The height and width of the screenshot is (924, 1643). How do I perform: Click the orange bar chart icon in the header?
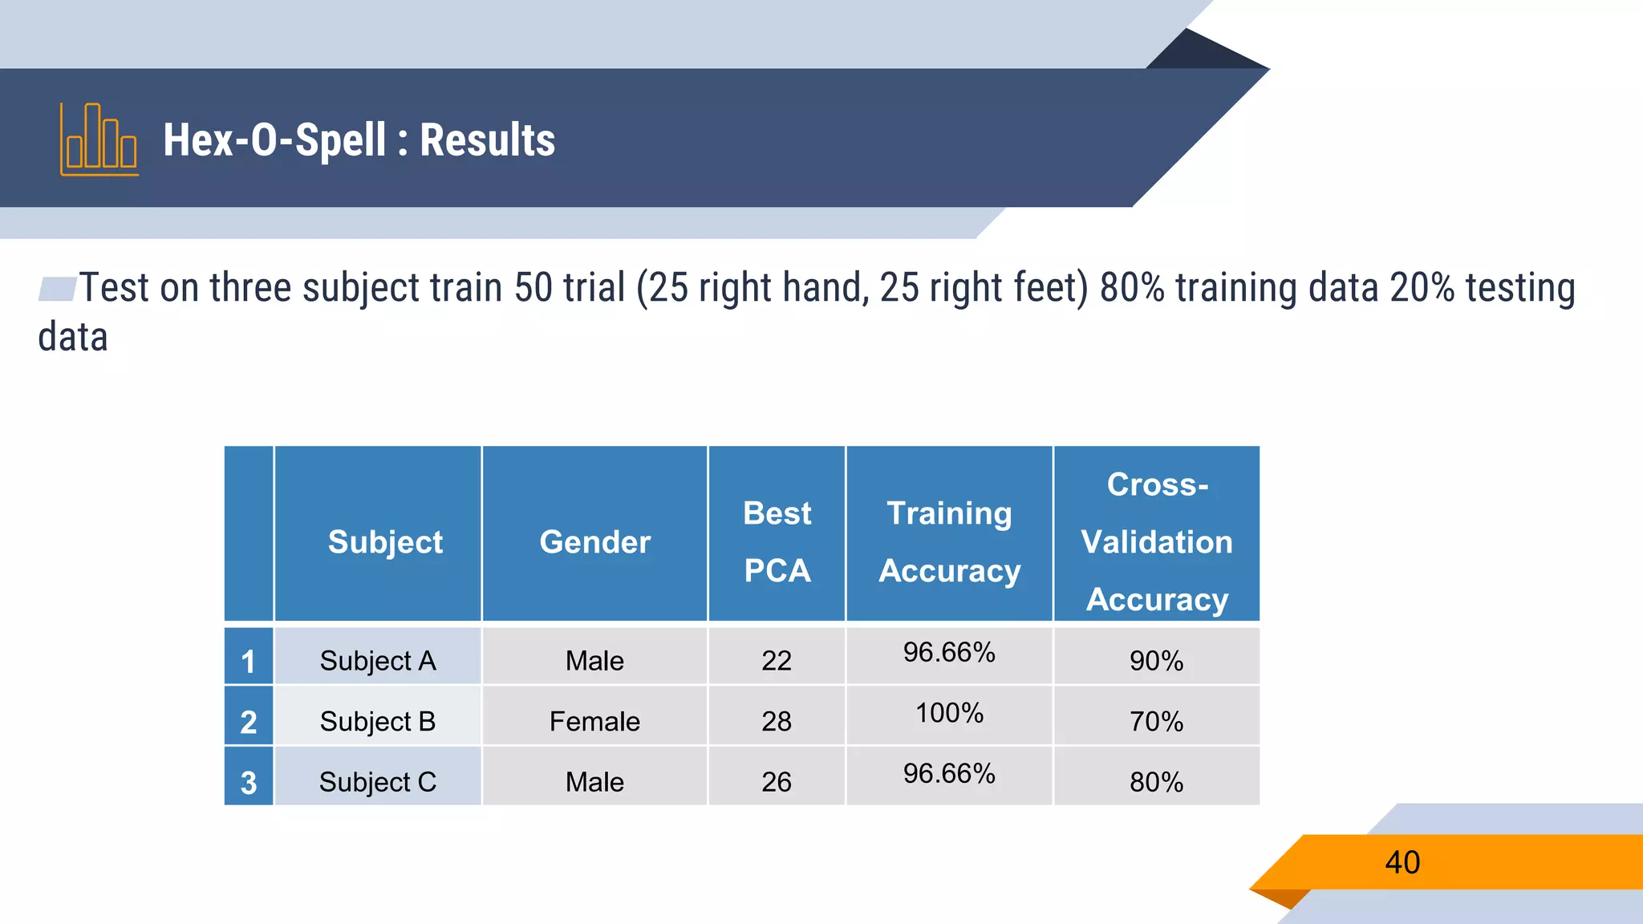[x=99, y=140]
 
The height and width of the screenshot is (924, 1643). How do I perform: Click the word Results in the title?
[x=487, y=140]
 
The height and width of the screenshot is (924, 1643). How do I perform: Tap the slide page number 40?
[x=1402, y=862]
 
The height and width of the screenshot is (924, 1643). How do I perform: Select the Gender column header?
[x=594, y=542]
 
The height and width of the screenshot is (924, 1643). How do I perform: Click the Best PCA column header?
[x=777, y=541]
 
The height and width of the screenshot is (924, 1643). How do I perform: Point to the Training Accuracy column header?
[x=949, y=541]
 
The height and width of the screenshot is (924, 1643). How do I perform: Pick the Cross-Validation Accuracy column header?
[x=1156, y=541]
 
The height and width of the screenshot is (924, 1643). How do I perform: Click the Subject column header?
[x=385, y=542]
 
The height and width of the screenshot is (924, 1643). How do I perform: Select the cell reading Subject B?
[x=377, y=721]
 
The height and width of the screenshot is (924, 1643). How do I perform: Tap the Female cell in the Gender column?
[x=594, y=721]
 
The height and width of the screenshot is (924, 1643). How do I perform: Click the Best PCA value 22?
[x=777, y=660]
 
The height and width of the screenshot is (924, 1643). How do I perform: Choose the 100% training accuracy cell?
[x=949, y=712]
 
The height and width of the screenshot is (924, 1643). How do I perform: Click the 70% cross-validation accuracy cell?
[x=1156, y=721]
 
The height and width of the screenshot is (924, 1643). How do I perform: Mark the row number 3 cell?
[x=249, y=782]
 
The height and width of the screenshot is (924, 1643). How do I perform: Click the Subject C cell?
[x=377, y=782]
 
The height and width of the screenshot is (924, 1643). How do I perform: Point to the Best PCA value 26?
[x=777, y=782]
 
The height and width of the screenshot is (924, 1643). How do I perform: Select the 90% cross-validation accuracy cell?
[x=1156, y=660]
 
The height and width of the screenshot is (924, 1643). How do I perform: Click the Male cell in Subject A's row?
[x=594, y=660]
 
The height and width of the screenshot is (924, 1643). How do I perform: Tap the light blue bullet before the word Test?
[x=58, y=289]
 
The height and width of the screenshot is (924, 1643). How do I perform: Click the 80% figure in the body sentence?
[x=1131, y=288]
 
